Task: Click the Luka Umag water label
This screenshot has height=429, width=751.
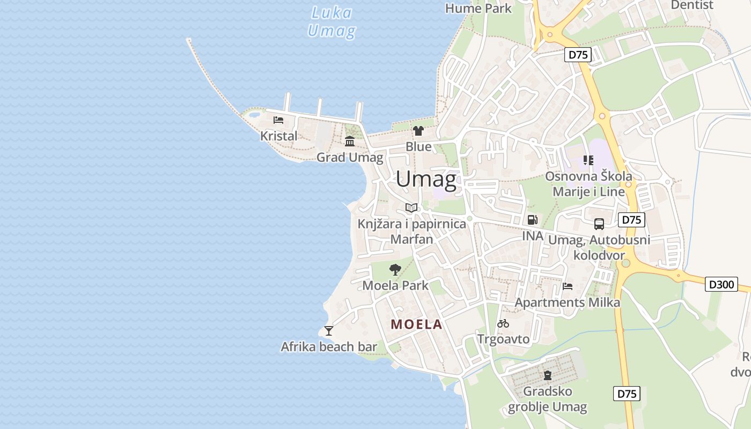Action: pyautogui.click(x=331, y=21)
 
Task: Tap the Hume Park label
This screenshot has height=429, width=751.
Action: pyautogui.click(x=478, y=8)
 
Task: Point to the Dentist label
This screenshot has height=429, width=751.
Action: pyautogui.click(x=692, y=5)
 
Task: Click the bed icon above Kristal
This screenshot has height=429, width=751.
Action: pyautogui.click(x=278, y=120)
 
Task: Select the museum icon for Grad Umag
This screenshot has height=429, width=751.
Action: pyautogui.click(x=350, y=142)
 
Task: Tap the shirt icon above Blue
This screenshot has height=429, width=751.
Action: pyautogui.click(x=418, y=131)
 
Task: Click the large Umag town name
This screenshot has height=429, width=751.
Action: pyautogui.click(x=426, y=179)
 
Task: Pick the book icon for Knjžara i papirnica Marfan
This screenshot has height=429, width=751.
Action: pyautogui.click(x=411, y=208)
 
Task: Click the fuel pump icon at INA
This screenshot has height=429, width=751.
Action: pyautogui.click(x=532, y=219)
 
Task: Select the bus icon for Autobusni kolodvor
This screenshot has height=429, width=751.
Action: pyautogui.click(x=599, y=224)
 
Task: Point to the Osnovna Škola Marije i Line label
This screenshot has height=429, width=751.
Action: pyautogui.click(x=588, y=183)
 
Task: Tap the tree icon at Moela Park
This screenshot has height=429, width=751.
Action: pyautogui.click(x=395, y=269)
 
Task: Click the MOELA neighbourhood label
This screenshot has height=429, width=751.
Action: pyautogui.click(x=417, y=324)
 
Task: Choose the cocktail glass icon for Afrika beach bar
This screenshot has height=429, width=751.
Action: pyautogui.click(x=329, y=331)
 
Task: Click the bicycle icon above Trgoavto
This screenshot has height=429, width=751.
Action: pyautogui.click(x=503, y=323)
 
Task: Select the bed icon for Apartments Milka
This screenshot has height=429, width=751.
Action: pyautogui.click(x=568, y=286)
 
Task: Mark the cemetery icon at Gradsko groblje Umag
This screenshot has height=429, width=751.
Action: pyautogui.click(x=548, y=375)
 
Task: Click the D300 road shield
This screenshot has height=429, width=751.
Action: pyautogui.click(x=721, y=284)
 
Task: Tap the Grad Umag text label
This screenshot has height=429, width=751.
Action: pyautogui.click(x=350, y=157)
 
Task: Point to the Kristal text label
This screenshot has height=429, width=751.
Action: pyautogui.click(x=278, y=136)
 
